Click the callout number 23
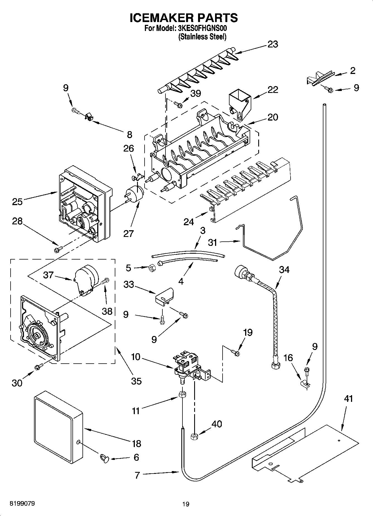(x=273, y=44)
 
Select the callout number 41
(x=348, y=399)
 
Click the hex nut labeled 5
(x=152, y=268)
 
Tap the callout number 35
(x=136, y=381)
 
